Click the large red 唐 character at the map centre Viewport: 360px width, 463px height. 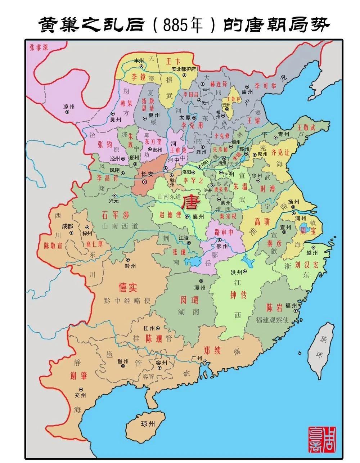[190, 203]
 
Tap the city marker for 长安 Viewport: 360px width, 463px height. [145, 182]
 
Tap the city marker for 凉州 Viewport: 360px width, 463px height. [67, 112]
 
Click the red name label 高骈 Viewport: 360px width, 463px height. [262, 222]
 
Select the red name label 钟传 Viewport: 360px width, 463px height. [238, 295]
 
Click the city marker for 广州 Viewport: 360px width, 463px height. [205, 362]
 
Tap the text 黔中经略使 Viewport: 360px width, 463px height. [127, 301]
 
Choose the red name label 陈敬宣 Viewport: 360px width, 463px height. [53, 246]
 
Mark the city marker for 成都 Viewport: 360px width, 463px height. [71, 233]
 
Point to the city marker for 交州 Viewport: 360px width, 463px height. [81, 390]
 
